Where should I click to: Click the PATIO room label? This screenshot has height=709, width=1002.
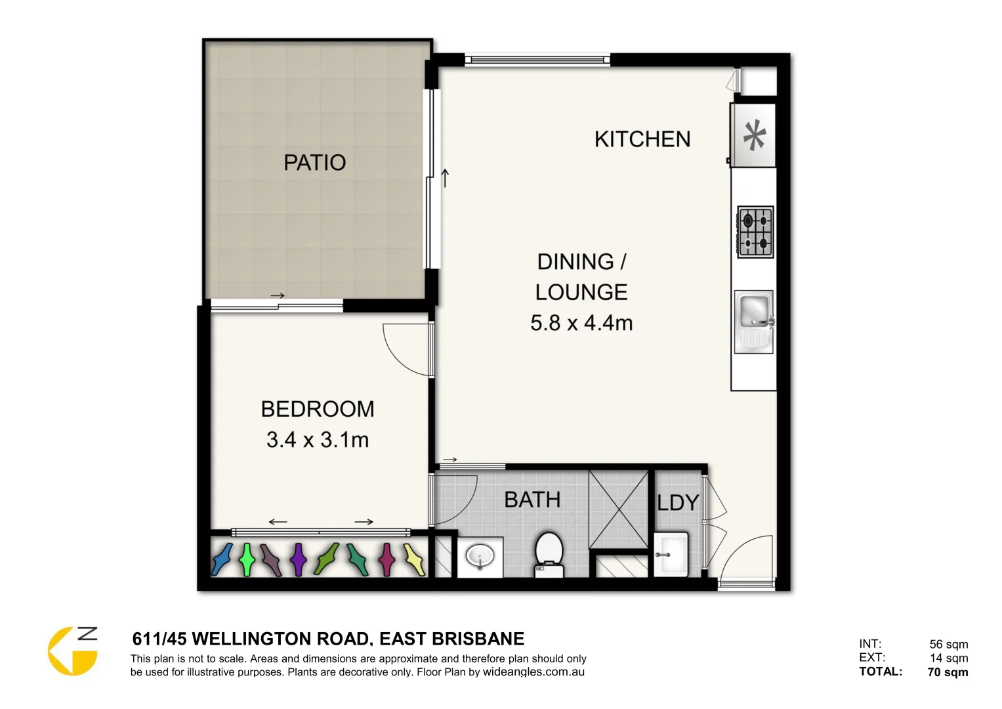314,162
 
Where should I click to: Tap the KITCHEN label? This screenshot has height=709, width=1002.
642,139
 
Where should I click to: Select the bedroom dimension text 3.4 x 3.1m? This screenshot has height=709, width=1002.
318,439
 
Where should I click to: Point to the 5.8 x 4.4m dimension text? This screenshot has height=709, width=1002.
581,323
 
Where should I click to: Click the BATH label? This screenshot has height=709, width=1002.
532,500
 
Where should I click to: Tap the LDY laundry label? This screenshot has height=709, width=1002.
678,503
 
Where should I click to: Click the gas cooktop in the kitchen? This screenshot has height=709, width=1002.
755,232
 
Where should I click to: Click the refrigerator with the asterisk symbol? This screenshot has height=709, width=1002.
754,136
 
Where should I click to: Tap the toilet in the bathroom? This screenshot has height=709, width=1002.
549,553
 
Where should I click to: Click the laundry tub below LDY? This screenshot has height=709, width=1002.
671,553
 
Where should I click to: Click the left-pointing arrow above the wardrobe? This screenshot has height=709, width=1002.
278,522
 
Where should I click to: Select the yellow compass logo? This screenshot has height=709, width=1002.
72,651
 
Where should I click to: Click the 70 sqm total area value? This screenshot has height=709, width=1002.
948,672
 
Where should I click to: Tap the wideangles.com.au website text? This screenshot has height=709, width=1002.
533,672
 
